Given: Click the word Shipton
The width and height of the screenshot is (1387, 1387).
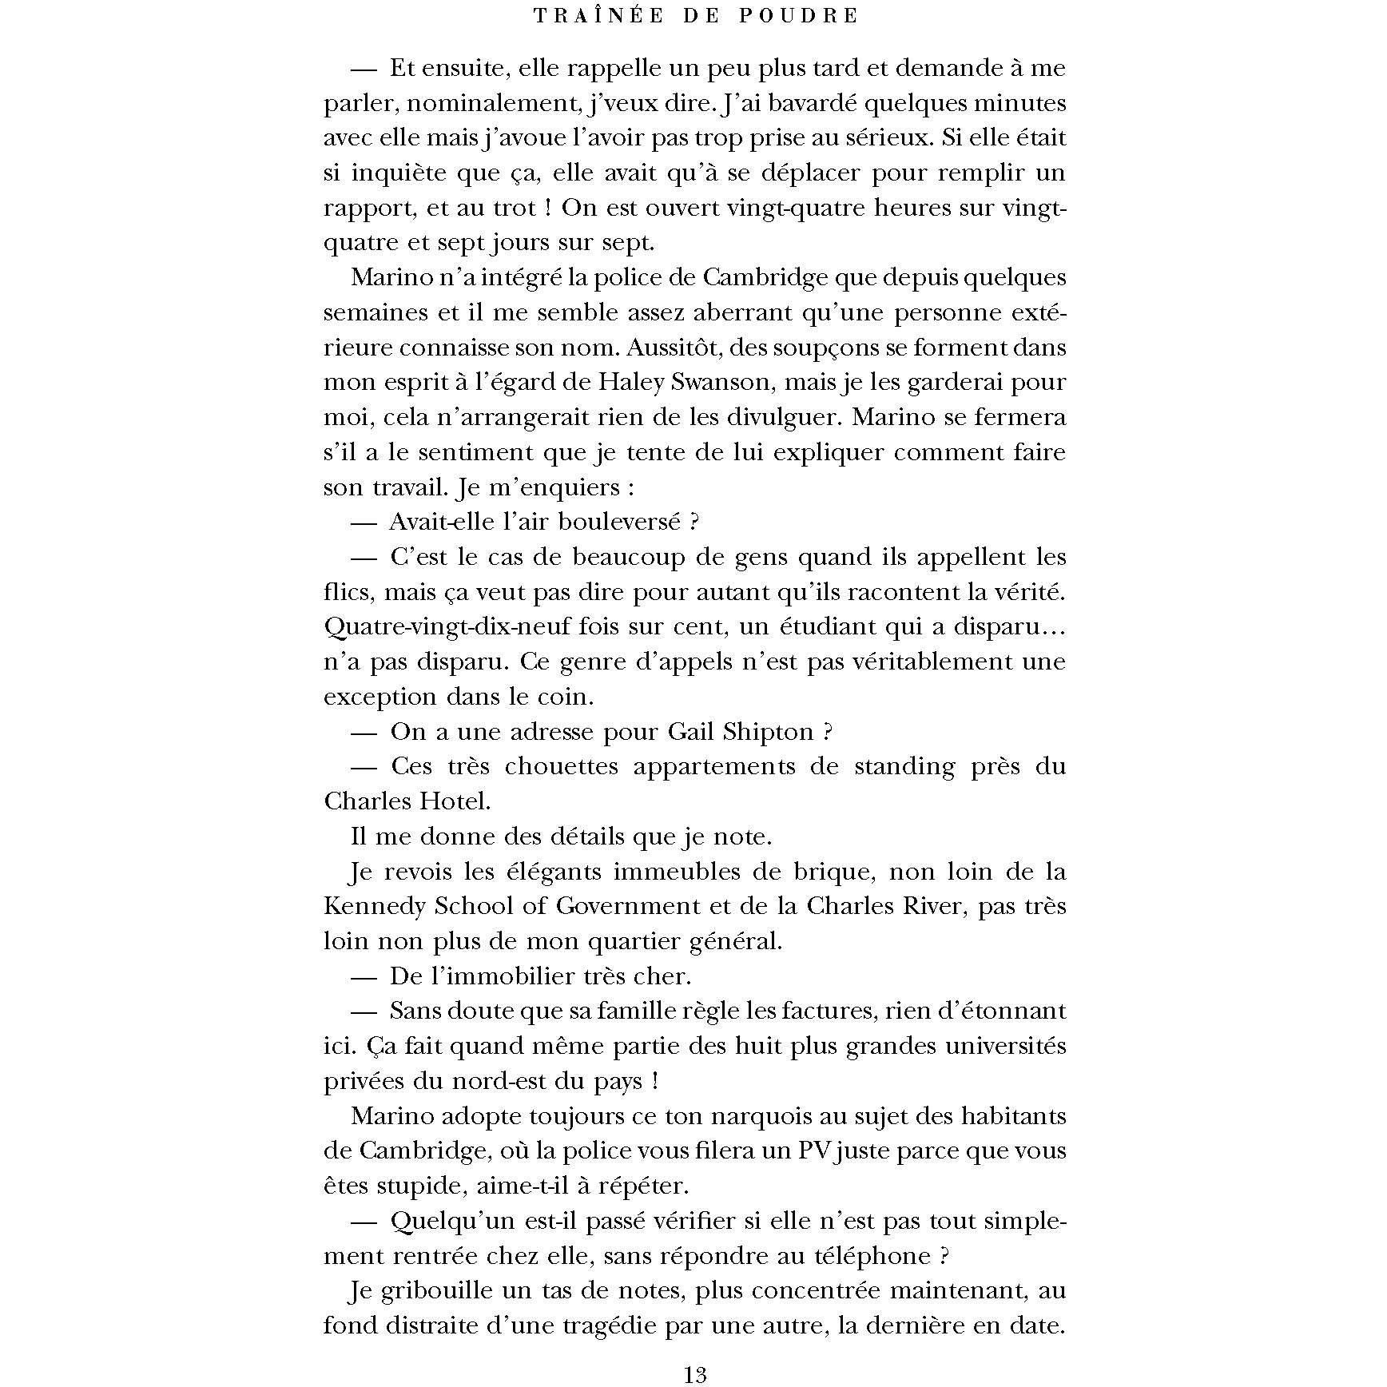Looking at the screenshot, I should click(x=767, y=732).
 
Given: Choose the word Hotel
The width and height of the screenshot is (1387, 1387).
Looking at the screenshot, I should click(x=455, y=801).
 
